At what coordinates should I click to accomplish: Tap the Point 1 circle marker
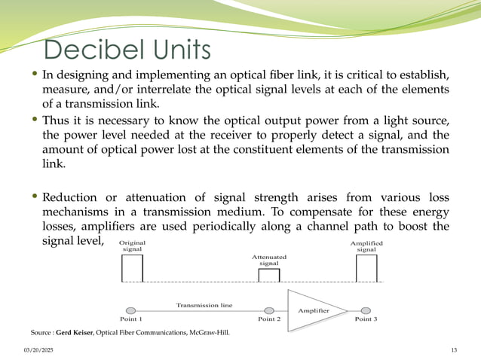coord(131,310)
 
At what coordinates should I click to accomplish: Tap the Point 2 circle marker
coord(269,310)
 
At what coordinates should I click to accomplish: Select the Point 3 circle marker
coord(366,310)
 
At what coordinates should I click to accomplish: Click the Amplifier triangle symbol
coord(310,310)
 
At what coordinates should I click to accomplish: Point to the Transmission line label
coord(204,305)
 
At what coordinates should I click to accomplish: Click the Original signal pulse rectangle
coord(132,268)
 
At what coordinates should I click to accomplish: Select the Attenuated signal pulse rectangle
coord(269,276)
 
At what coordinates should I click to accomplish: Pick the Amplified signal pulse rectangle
coord(366,268)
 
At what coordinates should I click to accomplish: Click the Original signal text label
coord(133,246)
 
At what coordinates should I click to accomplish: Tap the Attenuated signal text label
coord(269,260)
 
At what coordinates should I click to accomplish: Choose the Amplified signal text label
coord(366,246)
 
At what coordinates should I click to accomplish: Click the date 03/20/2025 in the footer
coord(38,350)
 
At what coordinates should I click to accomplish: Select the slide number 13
coord(453,350)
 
